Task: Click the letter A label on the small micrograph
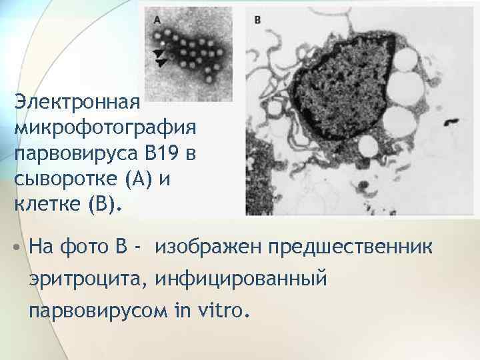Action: (157, 21)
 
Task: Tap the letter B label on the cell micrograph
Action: (258, 21)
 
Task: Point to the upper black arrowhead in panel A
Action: (156, 53)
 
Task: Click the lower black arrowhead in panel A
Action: (160, 62)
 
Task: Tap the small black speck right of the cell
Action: (452, 122)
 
